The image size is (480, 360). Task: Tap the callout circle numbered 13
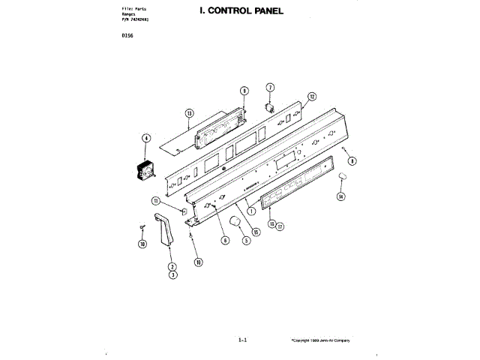click(x=189, y=113)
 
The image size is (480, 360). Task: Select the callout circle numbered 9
click(x=244, y=91)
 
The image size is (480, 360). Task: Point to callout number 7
click(x=271, y=88)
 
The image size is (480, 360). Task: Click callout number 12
click(x=312, y=96)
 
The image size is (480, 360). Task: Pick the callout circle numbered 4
click(x=145, y=138)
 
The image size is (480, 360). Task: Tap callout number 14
click(x=340, y=196)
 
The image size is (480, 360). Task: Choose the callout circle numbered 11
click(x=155, y=200)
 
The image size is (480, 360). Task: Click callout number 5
click(x=244, y=241)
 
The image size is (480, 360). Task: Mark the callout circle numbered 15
click(x=256, y=232)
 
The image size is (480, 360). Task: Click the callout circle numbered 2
click(x=172, y=267)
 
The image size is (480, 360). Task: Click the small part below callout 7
click(x=267, y=108)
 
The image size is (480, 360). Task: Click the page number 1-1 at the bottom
click(x=242, y=340)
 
